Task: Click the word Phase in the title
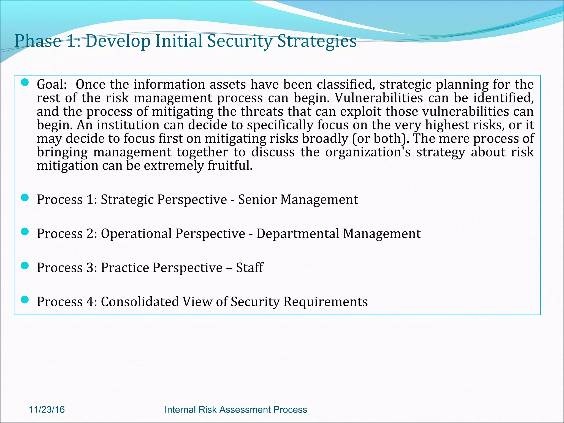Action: pos(38,41)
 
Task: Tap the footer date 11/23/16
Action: pos(47,410)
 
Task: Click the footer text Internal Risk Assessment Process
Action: pos(235,410)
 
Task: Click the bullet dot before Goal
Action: pos(25,82)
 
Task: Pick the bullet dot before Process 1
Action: pos(25,197)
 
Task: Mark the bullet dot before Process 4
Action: pos(25,300)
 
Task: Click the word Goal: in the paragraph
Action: pos(52,84)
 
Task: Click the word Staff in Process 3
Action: pos(250,268)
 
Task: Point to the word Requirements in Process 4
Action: pos(326,302)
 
